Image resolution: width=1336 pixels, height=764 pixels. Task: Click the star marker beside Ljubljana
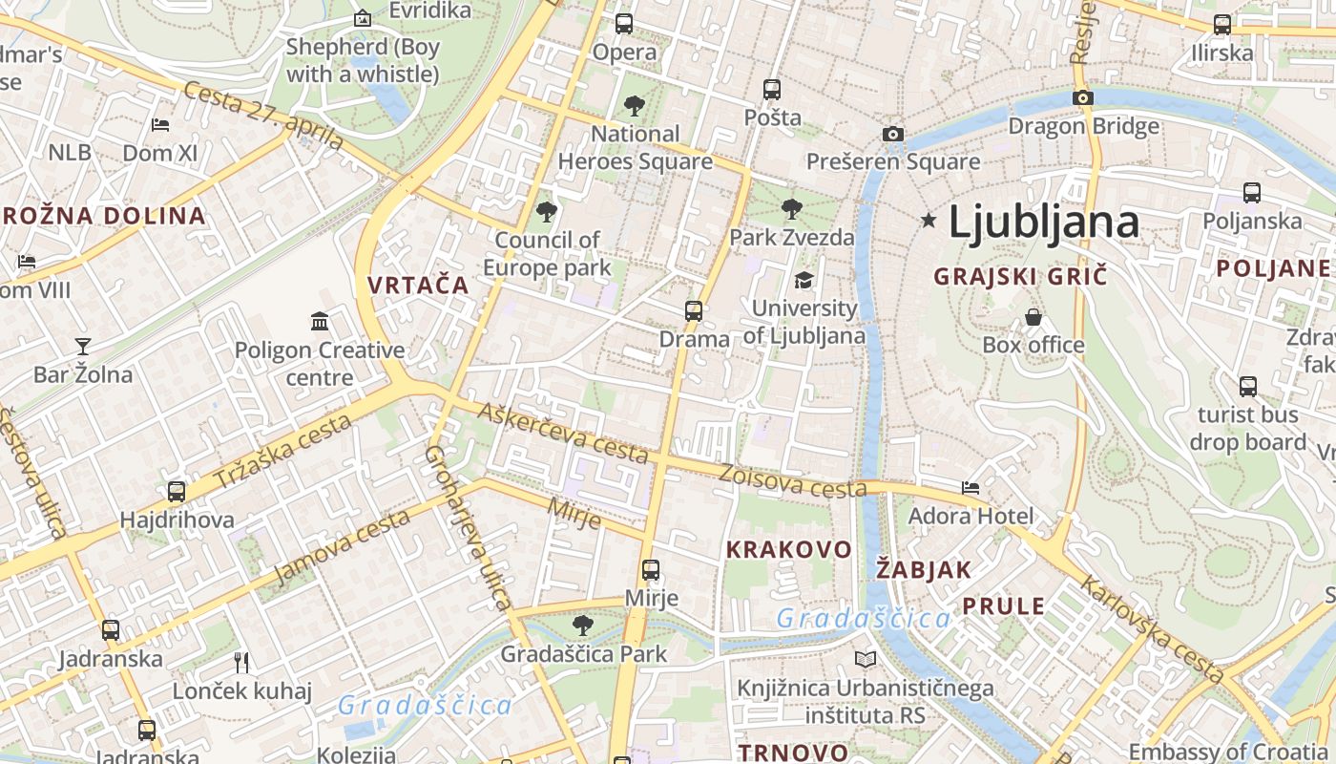(929, 221)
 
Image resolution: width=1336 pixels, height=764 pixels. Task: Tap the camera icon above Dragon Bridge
(1082, 97)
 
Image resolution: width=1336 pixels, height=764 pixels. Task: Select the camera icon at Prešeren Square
(892, 134)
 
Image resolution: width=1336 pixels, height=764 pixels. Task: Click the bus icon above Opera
(624, 24)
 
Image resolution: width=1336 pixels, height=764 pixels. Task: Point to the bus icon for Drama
(694, 311)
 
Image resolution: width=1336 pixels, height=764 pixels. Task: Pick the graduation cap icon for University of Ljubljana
(804, 280)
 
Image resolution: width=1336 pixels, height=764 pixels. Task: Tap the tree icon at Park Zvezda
(791, 209)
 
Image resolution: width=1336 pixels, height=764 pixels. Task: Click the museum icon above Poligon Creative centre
(320, 322)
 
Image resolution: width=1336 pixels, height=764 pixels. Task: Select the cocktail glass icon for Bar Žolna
(83, 346)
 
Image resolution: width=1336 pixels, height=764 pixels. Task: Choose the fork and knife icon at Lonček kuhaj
(241, 662)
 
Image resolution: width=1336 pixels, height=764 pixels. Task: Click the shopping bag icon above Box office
(1033, 316)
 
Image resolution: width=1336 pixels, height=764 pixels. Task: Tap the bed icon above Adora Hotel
(971, 487)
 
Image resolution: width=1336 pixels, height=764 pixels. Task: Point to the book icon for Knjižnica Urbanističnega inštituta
(866, 659)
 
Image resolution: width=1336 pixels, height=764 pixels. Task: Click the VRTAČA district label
(418, 285)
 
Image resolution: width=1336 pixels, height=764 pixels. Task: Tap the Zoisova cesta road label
(793, 481)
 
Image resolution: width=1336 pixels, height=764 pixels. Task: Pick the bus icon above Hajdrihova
(177, 492)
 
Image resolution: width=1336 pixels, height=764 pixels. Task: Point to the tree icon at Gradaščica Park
(582, 626)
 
